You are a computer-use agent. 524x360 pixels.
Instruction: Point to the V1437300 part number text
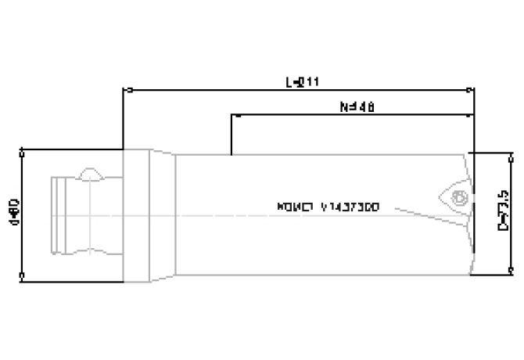click(x=328, y=208)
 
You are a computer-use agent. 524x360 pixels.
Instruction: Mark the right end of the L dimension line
click(x=472, y=89)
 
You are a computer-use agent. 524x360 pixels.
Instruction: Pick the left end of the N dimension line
click(x=232, y=116)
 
